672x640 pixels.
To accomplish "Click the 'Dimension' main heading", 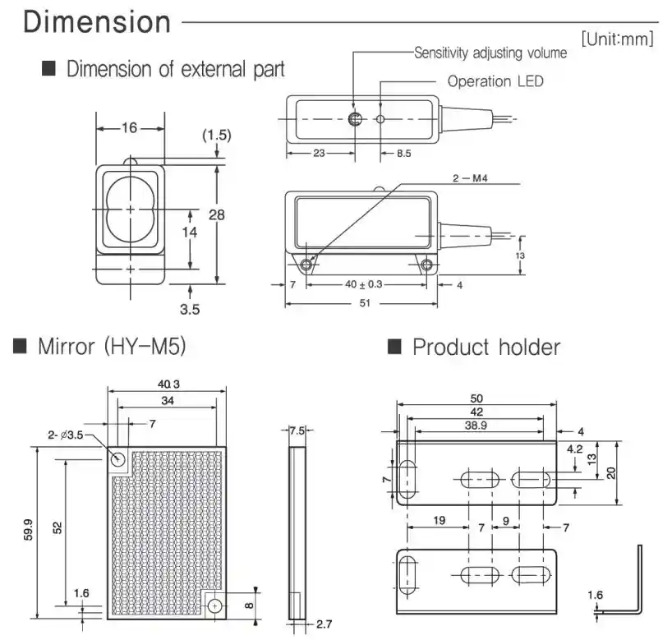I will click(97, 22).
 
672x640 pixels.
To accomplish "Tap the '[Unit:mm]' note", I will click(617, 38).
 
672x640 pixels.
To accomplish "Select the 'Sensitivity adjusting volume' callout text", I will click(490, 53).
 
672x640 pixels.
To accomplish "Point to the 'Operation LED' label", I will click(495, 81).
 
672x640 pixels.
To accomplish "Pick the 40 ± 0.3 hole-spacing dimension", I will click(365, 284).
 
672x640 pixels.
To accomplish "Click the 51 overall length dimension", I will click(365, 303).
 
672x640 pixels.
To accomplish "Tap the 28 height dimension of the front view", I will click(216, 215).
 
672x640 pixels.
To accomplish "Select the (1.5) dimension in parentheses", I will click(216, 134).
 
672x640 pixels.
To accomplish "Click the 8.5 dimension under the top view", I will click(403, 153).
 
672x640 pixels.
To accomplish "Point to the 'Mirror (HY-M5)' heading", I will click(112, 346).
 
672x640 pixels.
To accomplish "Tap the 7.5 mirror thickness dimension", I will click(297, 431).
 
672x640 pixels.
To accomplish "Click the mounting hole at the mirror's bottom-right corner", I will click(215, 605).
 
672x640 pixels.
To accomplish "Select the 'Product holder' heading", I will click(486, 347).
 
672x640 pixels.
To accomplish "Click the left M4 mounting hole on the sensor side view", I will click(307, 265).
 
